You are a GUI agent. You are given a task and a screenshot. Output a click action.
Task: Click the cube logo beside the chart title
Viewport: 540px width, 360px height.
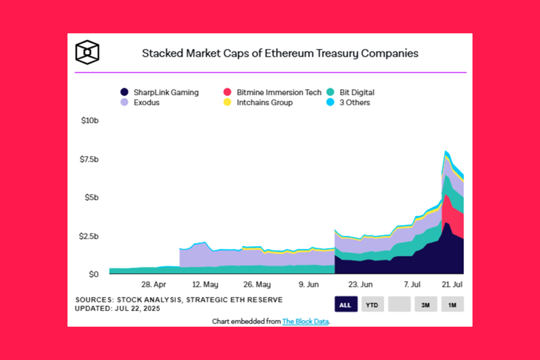point(87,53)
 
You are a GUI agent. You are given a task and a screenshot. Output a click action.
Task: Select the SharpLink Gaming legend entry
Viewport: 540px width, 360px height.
point(159,92)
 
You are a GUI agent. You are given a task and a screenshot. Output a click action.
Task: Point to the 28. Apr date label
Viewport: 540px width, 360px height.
point(153,285)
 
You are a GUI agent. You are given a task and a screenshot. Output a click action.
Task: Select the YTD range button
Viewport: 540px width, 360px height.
point(372,305)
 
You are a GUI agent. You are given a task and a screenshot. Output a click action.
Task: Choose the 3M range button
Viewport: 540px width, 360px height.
point(426,305)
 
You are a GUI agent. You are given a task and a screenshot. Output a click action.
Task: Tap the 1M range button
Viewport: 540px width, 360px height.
point(452,305)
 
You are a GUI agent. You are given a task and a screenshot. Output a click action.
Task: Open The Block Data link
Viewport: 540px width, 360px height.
point(305,321)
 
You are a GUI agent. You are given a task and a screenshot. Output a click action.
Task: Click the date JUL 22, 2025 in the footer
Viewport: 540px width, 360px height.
point(138,308)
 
